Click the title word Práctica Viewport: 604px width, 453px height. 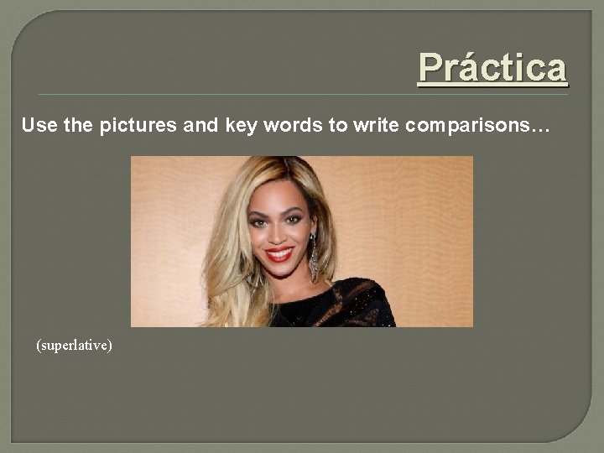point(492,67)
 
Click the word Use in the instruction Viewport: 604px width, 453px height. point(35,126)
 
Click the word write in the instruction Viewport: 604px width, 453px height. point(376,126)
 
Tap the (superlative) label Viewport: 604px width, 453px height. point(74,345)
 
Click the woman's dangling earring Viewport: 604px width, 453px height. point(314,256)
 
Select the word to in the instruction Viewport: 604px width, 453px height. point(338,126)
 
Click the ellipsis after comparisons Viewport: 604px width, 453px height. point(542,128)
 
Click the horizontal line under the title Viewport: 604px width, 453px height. point(302,94)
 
